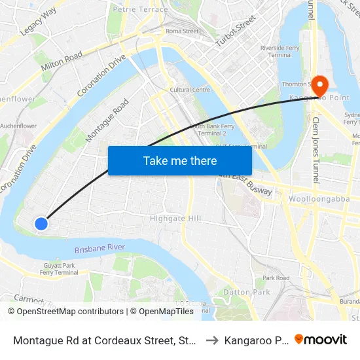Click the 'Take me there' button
coord(180,160)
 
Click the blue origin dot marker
coord(41,224)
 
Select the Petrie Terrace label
coord(140,9)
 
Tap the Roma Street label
coord(182,31)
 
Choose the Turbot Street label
coord(235,29)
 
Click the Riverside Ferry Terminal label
coord(276,51)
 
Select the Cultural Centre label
coord(190,90)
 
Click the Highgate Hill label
coord(175,218)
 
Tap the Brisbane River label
coord(99,249)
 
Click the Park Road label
coord(276,278)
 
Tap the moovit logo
coord(321,340)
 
